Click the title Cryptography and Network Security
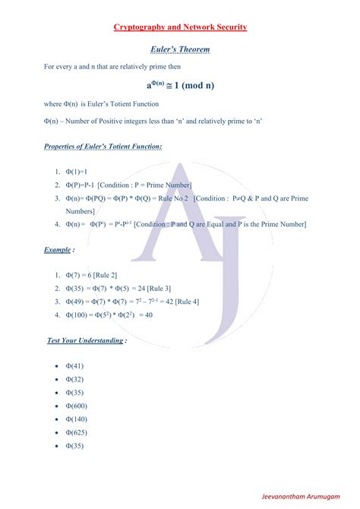point(180,27)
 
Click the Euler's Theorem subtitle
point(180,49)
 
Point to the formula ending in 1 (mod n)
point(180,84)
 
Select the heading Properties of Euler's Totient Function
point(103,146)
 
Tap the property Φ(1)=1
point(77,172)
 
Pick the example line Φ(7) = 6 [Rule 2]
point(91,275)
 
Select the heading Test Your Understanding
point(86,340)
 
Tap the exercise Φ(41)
point(74,366)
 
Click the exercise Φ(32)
point(74,379)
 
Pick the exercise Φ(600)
point(76,406)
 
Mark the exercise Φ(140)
point(76,419)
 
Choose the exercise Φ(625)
point(76,432)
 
